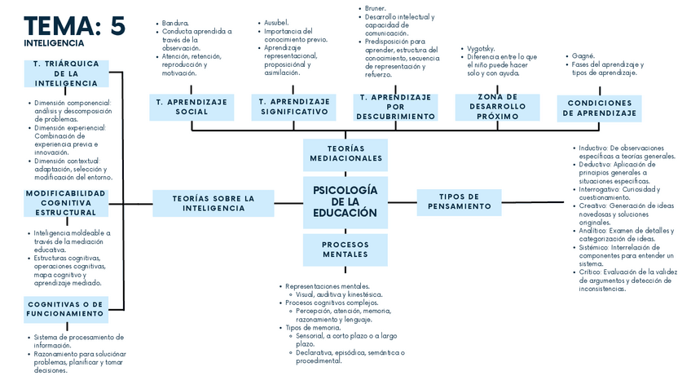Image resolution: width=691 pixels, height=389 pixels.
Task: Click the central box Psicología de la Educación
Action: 345,201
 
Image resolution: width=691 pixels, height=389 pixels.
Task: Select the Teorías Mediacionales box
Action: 345,153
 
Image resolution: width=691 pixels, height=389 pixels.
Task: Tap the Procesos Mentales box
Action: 345,250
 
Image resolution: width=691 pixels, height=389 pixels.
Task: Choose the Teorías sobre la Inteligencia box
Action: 213,203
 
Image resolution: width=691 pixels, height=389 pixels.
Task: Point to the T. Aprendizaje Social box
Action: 191,106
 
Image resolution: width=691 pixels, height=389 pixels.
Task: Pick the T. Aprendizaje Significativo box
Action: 293,106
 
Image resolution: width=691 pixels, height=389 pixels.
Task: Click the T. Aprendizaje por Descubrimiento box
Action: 395,107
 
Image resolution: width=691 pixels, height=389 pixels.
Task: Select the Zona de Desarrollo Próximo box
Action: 497,107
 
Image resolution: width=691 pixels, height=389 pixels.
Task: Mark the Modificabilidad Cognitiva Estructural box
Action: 66,202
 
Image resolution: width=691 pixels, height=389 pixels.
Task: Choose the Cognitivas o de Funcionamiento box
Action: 65,308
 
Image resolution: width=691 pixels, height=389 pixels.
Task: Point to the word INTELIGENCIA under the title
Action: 54,43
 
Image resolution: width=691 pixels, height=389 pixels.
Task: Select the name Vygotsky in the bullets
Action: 480,49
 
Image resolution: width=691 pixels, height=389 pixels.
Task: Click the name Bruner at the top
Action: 375,8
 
